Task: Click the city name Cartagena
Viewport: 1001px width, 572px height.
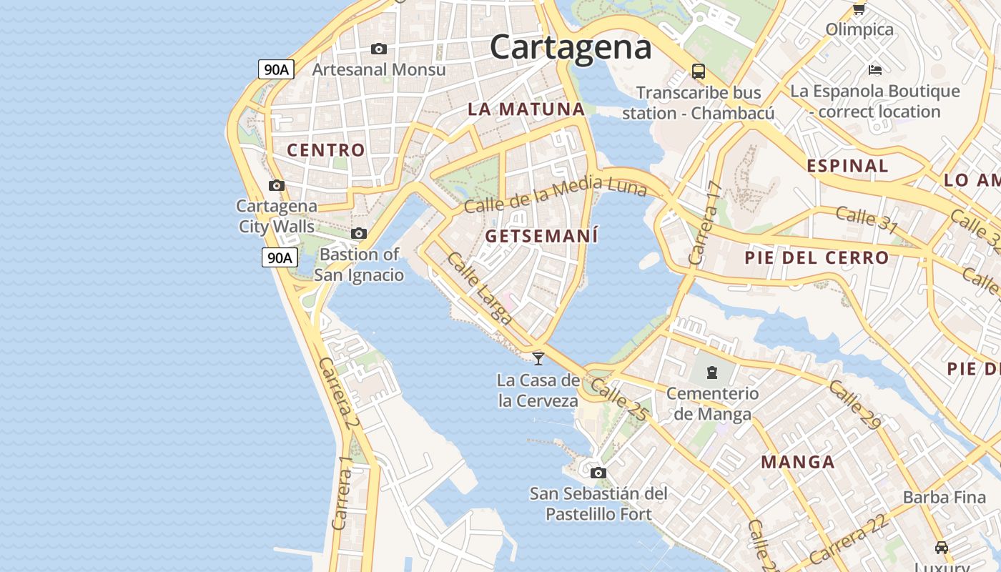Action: tap(571, 47)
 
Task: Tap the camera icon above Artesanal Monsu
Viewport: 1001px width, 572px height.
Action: tap(379, 49)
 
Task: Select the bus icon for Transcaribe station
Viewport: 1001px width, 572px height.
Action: tap(699, 71)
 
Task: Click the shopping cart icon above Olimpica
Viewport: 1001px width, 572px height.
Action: tap(859, 9)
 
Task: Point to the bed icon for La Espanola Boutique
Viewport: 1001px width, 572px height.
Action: tap(874, 70)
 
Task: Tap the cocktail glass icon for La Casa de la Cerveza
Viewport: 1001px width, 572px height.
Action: tap(538, 358)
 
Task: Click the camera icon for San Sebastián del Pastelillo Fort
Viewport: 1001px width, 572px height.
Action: tap(598, 473)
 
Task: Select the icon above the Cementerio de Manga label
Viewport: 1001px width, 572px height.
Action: tap(712, 372)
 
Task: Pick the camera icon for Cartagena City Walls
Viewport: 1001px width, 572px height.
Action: tap(277, 186)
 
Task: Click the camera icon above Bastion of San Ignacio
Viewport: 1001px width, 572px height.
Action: tap(359, 234)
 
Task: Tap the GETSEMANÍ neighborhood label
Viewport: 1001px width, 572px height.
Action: tap(541, 236)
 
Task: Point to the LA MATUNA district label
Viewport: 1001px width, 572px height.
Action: tap(526, 109)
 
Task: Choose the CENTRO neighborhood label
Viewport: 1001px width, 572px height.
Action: tap(326, 150)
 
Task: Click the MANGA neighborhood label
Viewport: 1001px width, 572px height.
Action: tap(798, 462)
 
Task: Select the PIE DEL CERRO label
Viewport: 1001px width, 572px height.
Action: tap(817, 257)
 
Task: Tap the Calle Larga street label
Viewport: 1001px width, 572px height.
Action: tap(480, 288)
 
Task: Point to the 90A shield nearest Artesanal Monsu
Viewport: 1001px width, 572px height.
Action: tap(277, 69)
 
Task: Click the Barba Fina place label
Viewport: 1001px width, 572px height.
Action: tap(943, 497)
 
